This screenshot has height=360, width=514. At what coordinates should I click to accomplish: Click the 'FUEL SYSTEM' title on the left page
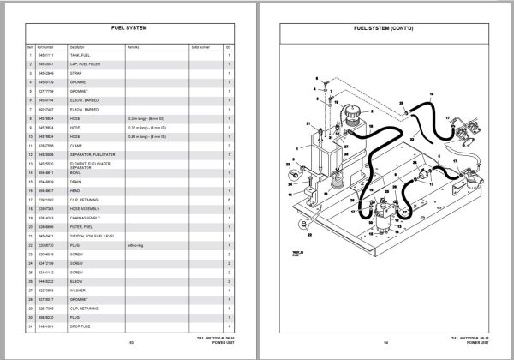pyautogui.click(x=130, y=28)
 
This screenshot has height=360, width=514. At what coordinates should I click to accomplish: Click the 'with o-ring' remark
pyautogui.click(x=134, y=243)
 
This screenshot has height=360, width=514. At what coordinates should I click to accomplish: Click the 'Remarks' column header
pyautogui.click(x=132, y=45)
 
